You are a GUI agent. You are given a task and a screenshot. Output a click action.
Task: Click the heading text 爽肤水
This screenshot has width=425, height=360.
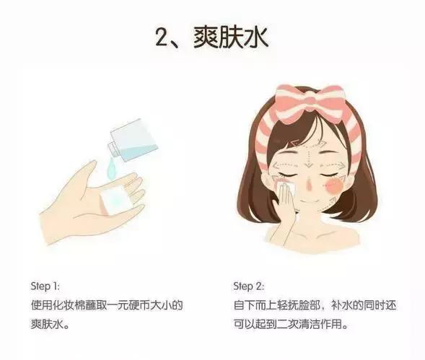pos(235,37)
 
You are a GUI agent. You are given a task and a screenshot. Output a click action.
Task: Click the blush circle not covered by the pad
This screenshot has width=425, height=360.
pos(333,187)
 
